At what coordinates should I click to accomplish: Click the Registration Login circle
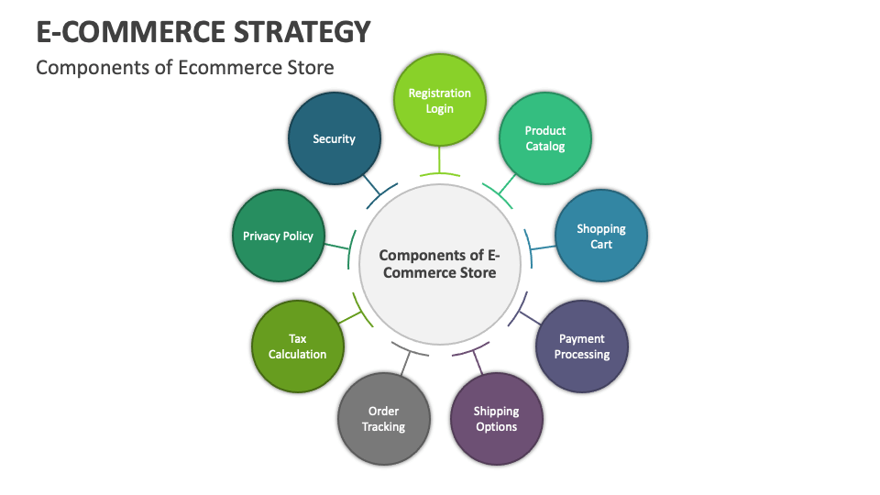pos(439,101)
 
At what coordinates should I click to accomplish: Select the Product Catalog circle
pos(544,138)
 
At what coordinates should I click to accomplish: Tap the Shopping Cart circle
pos(601,236)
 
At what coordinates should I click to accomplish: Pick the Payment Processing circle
pos(581,346)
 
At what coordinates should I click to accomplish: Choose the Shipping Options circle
pos(496,419)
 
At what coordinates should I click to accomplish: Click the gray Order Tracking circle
pos(383,419)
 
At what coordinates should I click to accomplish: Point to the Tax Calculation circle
pos(297,346)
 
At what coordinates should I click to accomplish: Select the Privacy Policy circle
pos(278,236)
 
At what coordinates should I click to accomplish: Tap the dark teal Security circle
pos(334,139)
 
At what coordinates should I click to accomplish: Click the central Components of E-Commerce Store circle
pos(439,264)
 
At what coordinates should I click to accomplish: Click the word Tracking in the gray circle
pos(383,427)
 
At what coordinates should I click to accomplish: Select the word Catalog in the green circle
pos(545,147)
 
